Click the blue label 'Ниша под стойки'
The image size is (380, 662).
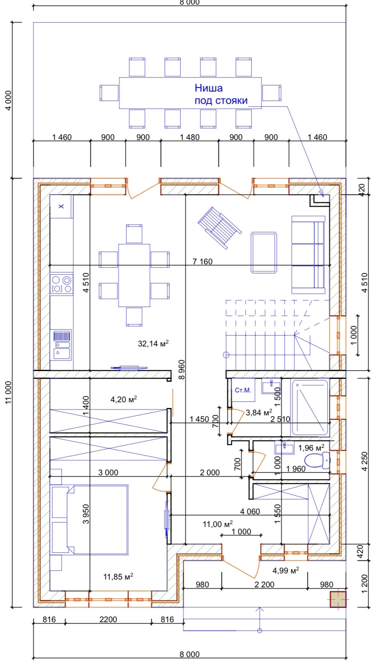coord(221,94)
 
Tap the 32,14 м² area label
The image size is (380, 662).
coord(153,344)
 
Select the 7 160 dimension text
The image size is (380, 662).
coord(202,261)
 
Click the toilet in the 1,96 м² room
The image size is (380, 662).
coord(317,460)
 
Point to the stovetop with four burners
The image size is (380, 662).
coord(62,284)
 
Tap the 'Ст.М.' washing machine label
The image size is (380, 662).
coord(243,390)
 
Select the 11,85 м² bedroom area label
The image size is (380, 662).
coord(118,576)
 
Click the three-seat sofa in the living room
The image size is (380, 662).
coord(308,255)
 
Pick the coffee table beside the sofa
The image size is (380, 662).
coord(264,252)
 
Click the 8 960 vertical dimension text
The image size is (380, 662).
coord(182,369)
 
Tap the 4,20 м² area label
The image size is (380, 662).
coord(124,399)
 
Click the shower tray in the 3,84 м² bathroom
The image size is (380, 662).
coord(310,408)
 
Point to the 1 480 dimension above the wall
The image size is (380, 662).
coord(189,137)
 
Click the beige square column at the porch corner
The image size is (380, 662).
coord(338,599)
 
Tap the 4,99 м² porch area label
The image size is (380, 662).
coord(286,570)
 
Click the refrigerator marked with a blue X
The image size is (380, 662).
coord(61,206)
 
